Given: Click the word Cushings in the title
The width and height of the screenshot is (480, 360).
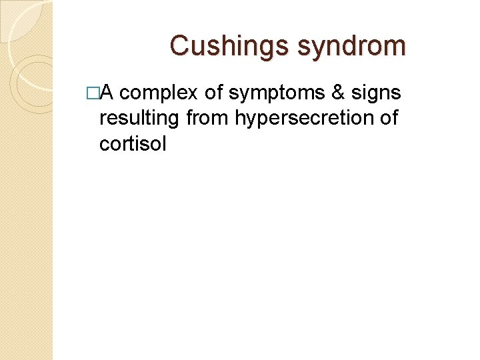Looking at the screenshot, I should pyautogui.click(x=229, y=46).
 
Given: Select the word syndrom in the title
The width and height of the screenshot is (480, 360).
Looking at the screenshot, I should pyautogui.click(x=351, y=46).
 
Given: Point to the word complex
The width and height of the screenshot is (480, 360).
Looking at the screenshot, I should pyautogui.click(x=160, y=93).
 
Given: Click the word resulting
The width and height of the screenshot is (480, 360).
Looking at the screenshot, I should pyautogui.click(x=139, y=118).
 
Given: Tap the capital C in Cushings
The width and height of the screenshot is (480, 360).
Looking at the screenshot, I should pyautogui.click(x=179, y=45).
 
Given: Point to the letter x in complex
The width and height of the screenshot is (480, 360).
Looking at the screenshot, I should pyautogui.click(x=195, y=94).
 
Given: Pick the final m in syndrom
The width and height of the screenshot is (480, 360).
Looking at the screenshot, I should pyautogui.click(x=395, y=47).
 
